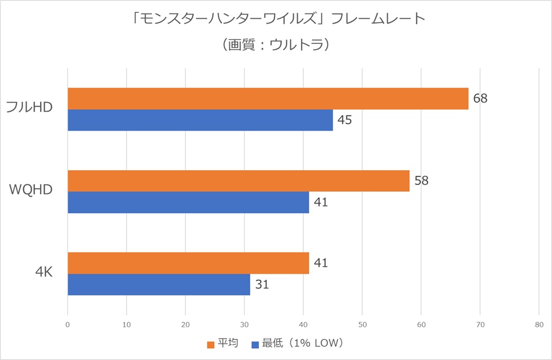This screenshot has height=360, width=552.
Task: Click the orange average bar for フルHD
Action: (268, 98)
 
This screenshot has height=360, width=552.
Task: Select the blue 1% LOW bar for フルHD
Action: (200, 120)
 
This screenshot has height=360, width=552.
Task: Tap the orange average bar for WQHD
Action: (238, 181)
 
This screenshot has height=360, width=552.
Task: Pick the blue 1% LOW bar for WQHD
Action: (188, 202)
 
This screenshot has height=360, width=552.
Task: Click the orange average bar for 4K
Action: (188, 263)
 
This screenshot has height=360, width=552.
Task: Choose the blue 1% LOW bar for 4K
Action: (159, 284)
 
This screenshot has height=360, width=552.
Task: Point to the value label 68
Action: (480, 98)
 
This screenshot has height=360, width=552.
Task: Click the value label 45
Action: (345, 120)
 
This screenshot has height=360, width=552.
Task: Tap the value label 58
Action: (421, 181)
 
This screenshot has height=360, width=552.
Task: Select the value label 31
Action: (262, 284)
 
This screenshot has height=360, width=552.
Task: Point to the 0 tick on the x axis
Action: (68, 325)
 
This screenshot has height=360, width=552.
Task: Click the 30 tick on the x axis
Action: (244, 325)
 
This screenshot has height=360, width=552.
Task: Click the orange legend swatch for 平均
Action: (210, 344)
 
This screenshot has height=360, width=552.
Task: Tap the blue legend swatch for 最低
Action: (254, 344)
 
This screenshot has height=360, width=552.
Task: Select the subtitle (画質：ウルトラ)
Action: (276, 45)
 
